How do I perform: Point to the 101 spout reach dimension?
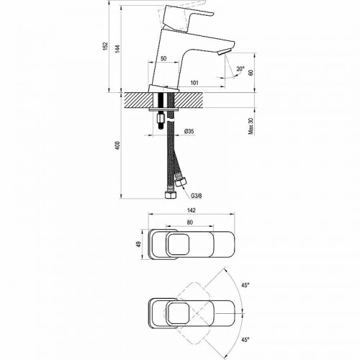coord(195,82)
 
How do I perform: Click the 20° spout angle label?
coord(240,69)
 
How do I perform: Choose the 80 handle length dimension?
coord(189,222)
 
